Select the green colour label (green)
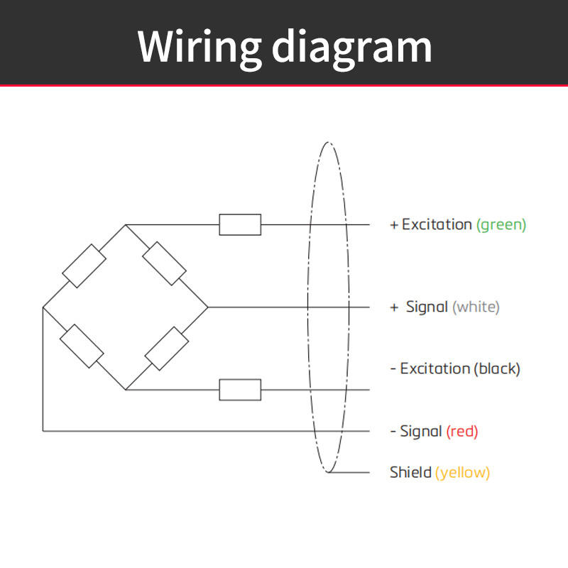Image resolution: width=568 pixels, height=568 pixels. [x=501, y=225]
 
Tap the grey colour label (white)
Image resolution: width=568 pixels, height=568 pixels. [x=476, y=307]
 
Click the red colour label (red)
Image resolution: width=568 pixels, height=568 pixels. [x=462, y=432]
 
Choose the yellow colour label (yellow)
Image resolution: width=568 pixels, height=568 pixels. [x=463, y=473]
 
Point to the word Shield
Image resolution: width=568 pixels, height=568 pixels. [x=410, y=472]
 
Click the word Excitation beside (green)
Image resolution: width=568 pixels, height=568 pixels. [x=437, y=224]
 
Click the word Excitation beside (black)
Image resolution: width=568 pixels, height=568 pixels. [x=435, y=368]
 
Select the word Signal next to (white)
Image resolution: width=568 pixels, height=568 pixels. [x=427, y=307]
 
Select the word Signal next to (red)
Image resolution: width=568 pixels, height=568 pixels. [x=421, y=432]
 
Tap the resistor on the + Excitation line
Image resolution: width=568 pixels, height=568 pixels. [x=240, y=224]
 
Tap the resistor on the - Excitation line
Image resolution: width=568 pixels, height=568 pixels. [x=240, y=390]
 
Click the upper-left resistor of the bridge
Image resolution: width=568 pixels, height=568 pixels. [x=84, y=266]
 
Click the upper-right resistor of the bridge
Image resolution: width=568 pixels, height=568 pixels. [x=165, y=263]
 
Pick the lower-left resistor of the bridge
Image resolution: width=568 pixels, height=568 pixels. [x=82, y=346]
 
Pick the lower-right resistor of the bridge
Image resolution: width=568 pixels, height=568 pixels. [x=167, y=349]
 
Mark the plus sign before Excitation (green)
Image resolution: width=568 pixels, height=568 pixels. [x=394, y=225]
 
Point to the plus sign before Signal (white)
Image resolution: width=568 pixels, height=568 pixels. [x=394, y=307]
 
